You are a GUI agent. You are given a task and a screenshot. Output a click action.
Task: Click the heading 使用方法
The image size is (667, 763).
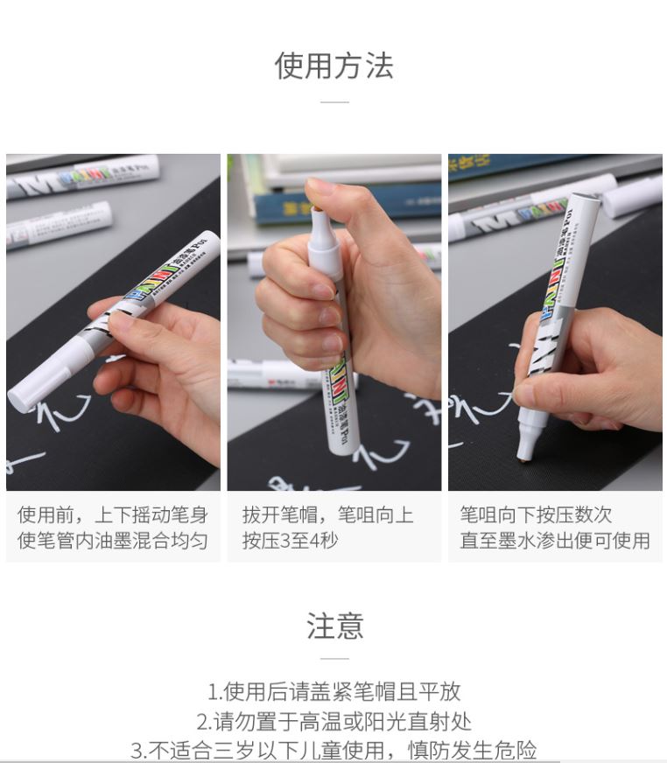click(x=334, y=66)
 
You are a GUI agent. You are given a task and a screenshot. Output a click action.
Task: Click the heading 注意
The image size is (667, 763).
click(x=334, y=626)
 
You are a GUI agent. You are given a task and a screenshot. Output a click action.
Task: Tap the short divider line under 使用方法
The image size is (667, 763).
click(x=334, y=102)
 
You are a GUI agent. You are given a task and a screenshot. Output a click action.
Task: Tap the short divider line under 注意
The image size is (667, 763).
click(x=334, y=658)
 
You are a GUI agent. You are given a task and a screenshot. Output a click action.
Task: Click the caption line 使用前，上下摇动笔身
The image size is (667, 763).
click(x=113, y=514)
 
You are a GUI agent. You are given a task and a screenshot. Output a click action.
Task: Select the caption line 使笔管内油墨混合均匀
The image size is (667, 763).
click(x=113, y=540)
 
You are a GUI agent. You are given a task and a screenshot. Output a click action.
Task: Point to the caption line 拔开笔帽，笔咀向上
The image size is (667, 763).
click(x=328, y=514)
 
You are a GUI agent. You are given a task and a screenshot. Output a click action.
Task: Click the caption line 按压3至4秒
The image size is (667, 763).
click(x=290, y=540)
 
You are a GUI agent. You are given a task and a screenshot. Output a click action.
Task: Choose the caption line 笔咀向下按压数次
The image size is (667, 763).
click(x=536, y=514)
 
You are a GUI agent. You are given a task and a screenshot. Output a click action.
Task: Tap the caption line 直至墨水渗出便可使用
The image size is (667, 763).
click(x=555, y=540)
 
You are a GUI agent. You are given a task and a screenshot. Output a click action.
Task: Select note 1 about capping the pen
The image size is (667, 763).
click(x=334, y=691)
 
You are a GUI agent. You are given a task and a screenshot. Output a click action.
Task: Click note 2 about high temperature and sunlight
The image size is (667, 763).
click(x=334, y=721)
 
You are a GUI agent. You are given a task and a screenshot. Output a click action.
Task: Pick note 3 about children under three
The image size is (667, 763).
click(x=334, y=750)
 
